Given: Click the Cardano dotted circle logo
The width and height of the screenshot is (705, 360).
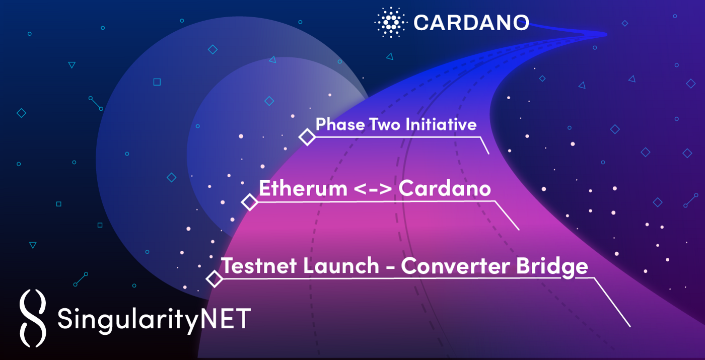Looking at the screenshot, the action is [x=391, y=22].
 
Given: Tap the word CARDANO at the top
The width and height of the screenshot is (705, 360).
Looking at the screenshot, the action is [x=471, y=23].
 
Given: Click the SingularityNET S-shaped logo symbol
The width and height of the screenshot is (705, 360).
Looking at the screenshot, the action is [x=33, y=318].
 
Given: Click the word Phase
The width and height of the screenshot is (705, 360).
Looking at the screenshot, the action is [x=340, y=124].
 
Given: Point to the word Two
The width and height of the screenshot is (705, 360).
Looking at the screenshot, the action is [x=385, y=124].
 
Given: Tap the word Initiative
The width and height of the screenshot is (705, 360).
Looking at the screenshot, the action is [x=441, y=124].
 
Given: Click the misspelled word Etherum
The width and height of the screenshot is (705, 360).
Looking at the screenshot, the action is [x=303, y=188].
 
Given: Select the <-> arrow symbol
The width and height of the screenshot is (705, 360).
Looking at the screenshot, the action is [x=373, y=189].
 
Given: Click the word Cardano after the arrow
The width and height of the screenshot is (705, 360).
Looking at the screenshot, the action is [x=445, y=188].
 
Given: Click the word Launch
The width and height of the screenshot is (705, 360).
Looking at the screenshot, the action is [x=341, y=266].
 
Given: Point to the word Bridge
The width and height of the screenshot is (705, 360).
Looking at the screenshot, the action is [x=552, y=267].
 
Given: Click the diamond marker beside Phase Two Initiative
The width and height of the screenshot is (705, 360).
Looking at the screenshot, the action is [x=307, y=137].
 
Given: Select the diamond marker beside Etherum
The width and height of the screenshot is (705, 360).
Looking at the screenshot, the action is [x=250, y=202].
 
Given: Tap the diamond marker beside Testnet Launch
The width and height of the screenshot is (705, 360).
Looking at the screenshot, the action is [x=215, y=279].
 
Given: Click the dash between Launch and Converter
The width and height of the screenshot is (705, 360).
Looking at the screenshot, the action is [x=390, y=268].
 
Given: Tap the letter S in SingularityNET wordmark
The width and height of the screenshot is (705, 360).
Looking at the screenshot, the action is [x=64, y=318].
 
